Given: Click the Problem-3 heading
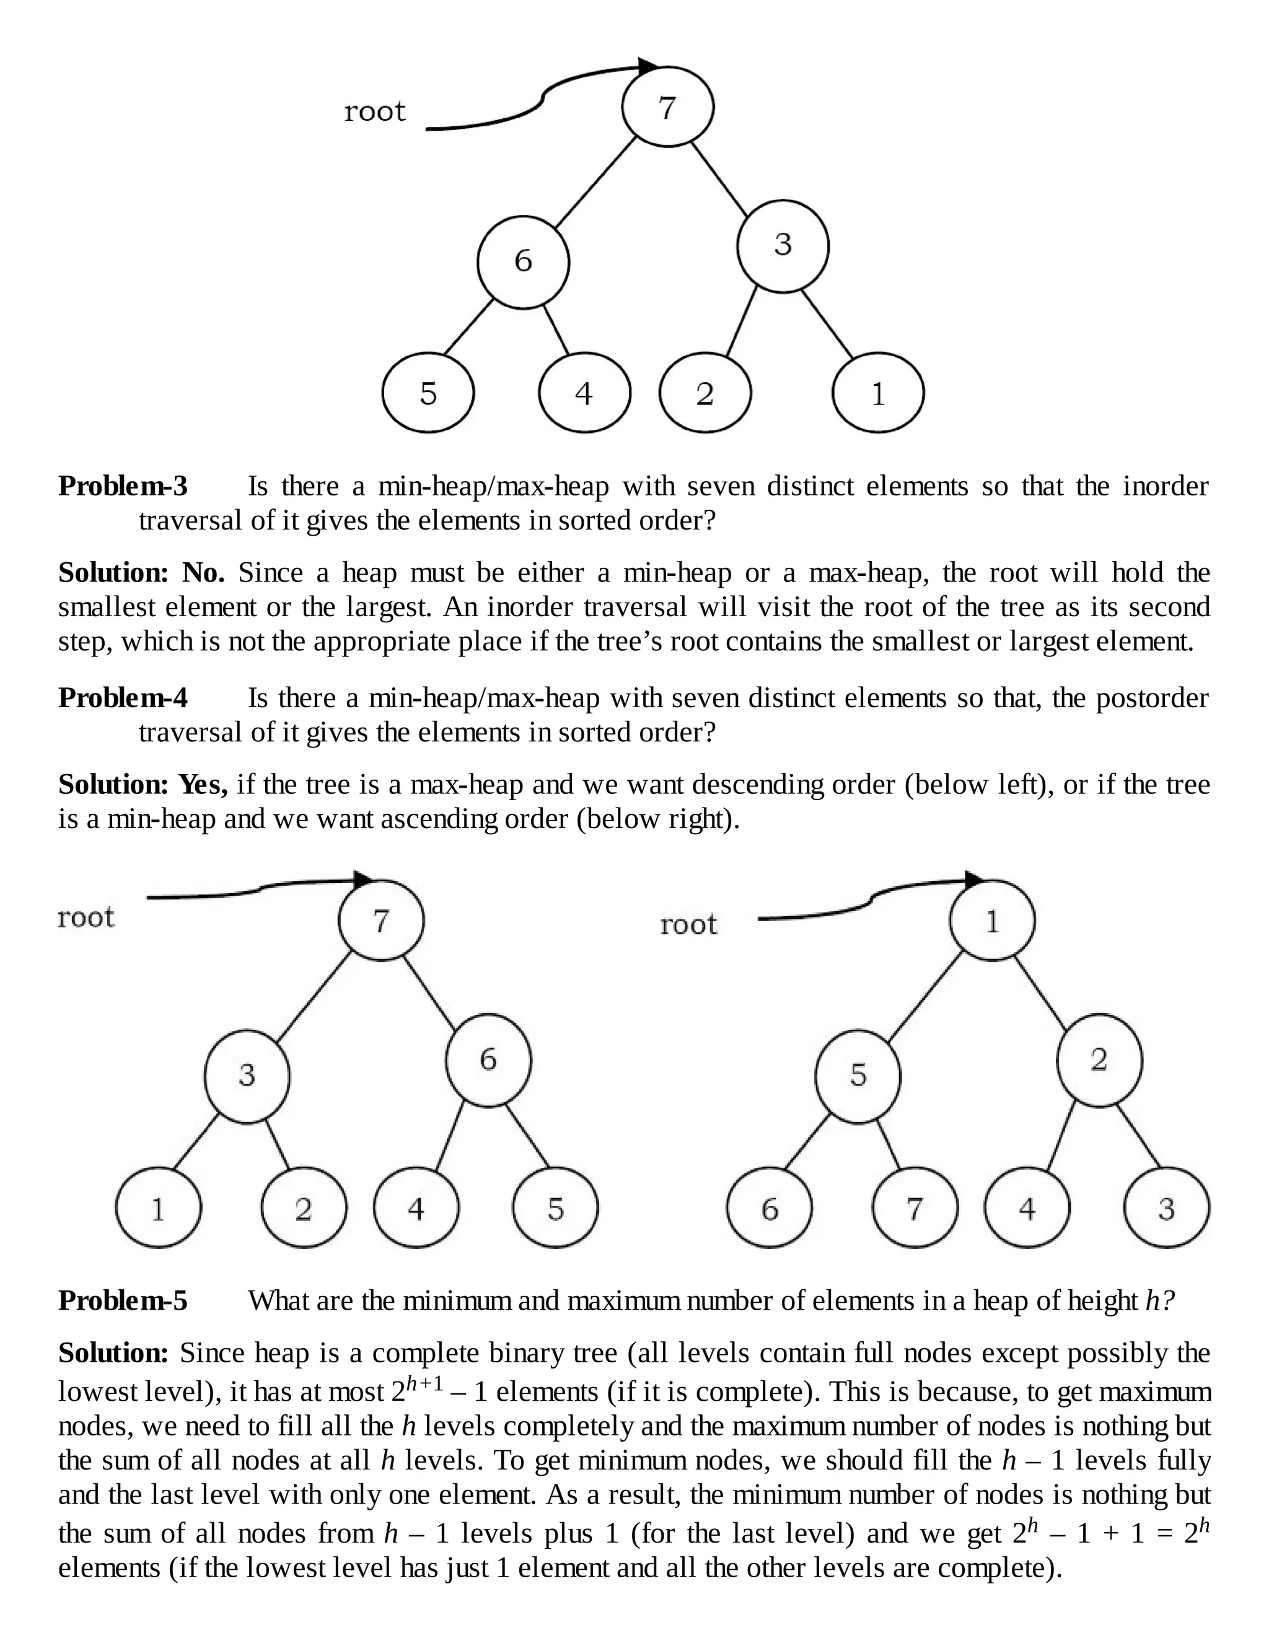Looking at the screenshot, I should tap(123, 486).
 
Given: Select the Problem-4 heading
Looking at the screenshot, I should tap(123, 698).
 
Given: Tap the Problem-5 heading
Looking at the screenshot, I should tap(123, 1300).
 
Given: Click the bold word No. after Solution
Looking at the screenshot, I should tap(203, 573).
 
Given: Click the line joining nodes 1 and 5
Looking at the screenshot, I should tap(924, 997).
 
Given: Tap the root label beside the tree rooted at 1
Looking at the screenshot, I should tap(688, 924).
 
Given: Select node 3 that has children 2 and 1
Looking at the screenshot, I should tap(783, 246).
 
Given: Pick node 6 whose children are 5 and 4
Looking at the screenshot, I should tap(523, 261).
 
